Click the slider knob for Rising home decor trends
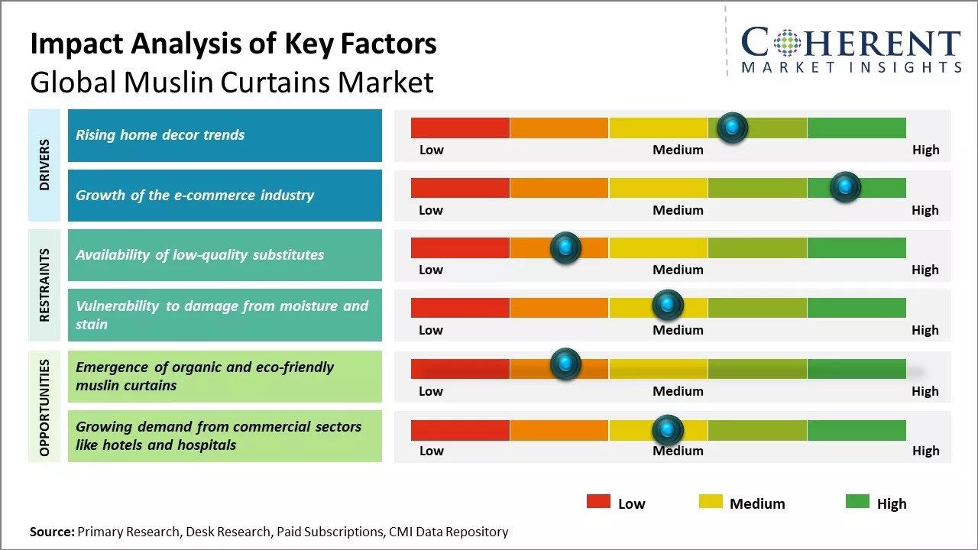pos(733,128)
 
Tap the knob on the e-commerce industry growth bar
pos(845,187)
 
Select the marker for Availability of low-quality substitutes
pos(565,247)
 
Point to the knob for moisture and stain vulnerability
pos(668,306)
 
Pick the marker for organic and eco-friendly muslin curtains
pos(565,364)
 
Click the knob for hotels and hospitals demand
pos(668,430)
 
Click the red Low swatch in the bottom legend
pos(598,502)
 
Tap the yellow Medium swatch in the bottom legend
pos(711,502)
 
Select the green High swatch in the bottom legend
pos(857,502)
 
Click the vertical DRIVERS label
pos(44,164)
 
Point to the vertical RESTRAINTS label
pos(44,285)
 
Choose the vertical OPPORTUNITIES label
pos(44,407)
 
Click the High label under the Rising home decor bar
pos(925,150)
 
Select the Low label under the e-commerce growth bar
pos(431,210)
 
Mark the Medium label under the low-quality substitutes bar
pos(678,270)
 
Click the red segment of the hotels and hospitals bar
pos(460,430)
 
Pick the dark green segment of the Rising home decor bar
pos(856,128)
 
